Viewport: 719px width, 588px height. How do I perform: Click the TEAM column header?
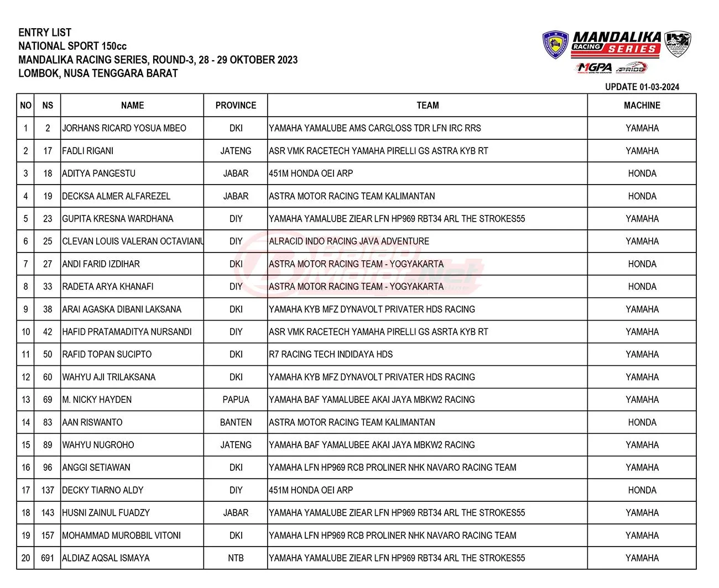tap(428, 105)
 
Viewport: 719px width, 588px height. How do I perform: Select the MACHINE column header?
tap(642, 105)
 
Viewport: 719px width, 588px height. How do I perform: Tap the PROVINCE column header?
tap(236, 105)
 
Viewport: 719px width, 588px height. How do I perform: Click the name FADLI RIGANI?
tap(88, 151)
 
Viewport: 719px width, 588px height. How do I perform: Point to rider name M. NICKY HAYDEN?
tap(97, 400)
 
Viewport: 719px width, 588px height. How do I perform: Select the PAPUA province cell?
tap(236, 400)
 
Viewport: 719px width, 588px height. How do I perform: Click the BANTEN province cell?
tap(236, 422)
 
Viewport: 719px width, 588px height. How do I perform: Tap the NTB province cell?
tap(236, 558)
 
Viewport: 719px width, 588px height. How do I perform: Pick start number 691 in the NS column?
tap(48, 558)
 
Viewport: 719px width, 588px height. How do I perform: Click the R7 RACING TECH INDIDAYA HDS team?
tap(331, 354)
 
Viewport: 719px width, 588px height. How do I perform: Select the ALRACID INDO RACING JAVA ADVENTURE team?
tap(349, 242)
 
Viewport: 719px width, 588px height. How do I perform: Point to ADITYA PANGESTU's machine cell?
tap(642, 174)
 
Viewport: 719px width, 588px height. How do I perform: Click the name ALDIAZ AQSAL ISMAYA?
tap(106, 558)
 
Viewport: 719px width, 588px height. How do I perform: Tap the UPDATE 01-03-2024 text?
tap(642, 87)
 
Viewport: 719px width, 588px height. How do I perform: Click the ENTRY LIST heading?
tap(45, 33)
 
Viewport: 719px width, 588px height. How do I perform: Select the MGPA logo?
tap(595, 67)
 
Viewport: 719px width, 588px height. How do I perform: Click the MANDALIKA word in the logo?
tap(617, 38)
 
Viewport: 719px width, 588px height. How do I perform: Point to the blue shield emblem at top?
tap(555, 45)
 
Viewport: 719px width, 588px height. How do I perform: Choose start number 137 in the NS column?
tap(48, 490)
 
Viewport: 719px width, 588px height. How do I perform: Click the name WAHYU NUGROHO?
tap(98, 445)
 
